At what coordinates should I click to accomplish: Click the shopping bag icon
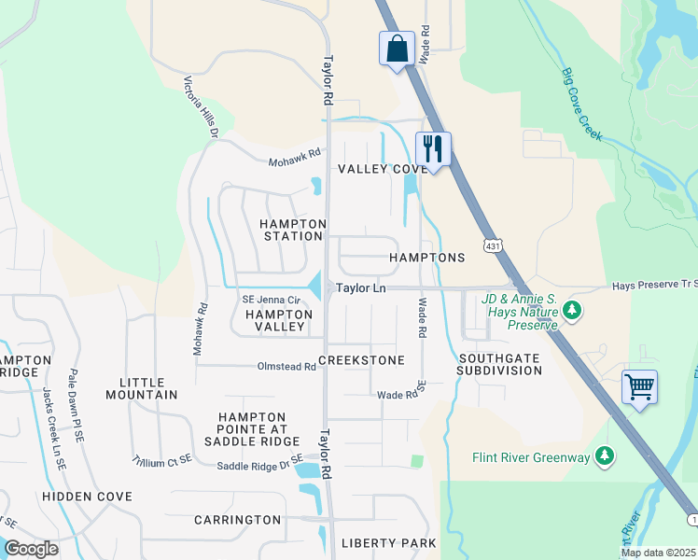click(397, 48)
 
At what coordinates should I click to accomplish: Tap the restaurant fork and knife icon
click(433, 148)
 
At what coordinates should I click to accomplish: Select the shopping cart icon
click(639, 385)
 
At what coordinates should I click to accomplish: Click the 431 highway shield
click(491, 245)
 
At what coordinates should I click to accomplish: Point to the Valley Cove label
click(383, 169)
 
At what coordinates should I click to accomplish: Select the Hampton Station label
click(292, 230)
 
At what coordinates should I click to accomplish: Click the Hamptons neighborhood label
click(426, 258)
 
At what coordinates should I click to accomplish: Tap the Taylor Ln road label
click(361, 288)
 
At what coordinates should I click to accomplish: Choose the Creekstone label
click(361, 360)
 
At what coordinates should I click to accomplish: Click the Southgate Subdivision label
click(499, 364)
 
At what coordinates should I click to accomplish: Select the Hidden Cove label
click(87, 497)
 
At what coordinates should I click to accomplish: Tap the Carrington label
click(237, 520)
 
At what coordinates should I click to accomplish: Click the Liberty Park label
click(388, 542)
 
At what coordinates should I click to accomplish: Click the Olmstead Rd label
click(286, 367)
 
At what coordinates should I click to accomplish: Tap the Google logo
click(31, 549)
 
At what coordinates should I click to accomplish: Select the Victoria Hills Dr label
click(201, 106)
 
